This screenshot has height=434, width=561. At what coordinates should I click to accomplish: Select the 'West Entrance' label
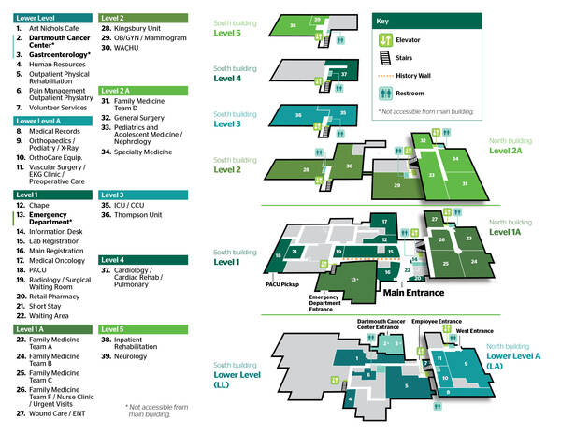click(473, 331)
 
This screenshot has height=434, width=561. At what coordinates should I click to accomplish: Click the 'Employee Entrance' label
click(436, 322)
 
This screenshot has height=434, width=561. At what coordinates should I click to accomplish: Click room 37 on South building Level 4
click(344, 73)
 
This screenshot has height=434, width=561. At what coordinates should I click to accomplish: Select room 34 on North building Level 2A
click(455, 159)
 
